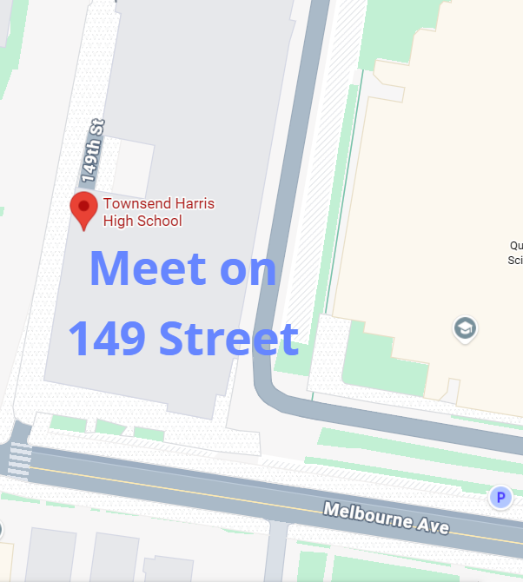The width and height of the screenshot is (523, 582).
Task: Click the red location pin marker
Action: (83, 209)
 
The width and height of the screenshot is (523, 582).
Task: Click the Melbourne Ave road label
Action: (386, 518)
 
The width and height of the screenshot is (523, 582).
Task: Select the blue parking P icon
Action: (500, 498)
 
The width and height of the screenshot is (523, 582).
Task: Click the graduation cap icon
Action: (466, 328)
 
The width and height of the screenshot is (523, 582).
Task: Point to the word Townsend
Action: (132, 204)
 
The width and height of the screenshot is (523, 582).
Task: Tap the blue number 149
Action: (107, 338)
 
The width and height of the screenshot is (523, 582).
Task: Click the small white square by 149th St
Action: (133, 165)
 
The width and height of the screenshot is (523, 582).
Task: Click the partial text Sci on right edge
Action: (514, 259)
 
